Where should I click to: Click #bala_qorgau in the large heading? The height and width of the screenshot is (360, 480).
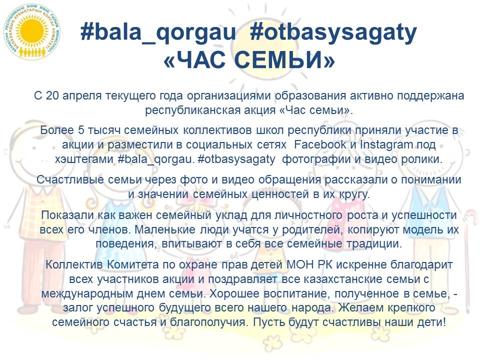[x=158, y=33]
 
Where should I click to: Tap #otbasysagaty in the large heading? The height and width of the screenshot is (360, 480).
[x=332, y=33]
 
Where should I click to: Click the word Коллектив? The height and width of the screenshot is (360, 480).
[x=69, y=264]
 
